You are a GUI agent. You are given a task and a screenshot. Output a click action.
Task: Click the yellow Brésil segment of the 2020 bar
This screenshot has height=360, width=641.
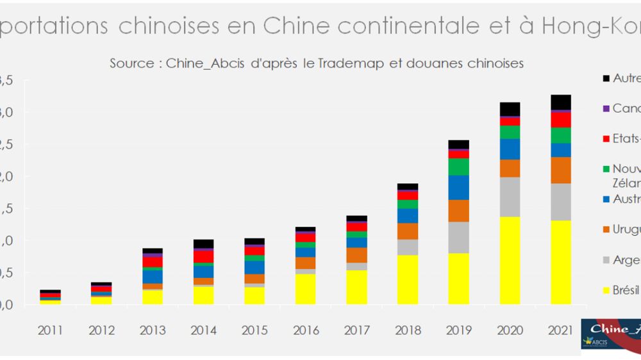coord(510,260)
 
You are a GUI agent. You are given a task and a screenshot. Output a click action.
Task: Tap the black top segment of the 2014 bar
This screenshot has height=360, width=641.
coord(204,243)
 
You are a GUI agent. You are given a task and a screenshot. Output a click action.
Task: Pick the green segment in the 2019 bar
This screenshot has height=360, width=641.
coord(458,167)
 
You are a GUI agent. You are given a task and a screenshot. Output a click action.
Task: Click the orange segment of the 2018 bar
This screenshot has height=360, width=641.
coord(408,231)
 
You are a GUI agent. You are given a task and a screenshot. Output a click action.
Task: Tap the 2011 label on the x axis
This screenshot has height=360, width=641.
coord(51,331)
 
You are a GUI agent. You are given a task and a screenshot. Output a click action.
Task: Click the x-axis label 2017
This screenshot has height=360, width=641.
coord(356,331)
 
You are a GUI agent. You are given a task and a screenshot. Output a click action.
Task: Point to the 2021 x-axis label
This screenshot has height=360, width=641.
coord(560,331)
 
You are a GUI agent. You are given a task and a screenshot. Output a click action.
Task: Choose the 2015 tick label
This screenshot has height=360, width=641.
coord(254,331)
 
